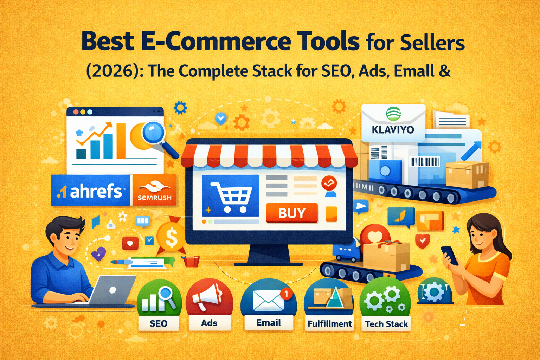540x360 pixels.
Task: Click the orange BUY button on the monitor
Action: (292, 213)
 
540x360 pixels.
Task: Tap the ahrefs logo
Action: (90, 191)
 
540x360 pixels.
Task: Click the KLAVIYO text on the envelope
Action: (393, 130)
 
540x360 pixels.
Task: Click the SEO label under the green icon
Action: (159, 323)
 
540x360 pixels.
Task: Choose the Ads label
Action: (209, 323)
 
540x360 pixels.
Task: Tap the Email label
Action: (269, 323)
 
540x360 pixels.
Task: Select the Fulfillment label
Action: (329, 324)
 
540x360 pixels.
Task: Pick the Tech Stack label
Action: (386, 324)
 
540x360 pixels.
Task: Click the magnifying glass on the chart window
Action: (155, 134)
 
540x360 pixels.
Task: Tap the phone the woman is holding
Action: (450, 255)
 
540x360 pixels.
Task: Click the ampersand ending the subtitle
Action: (444, 71)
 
